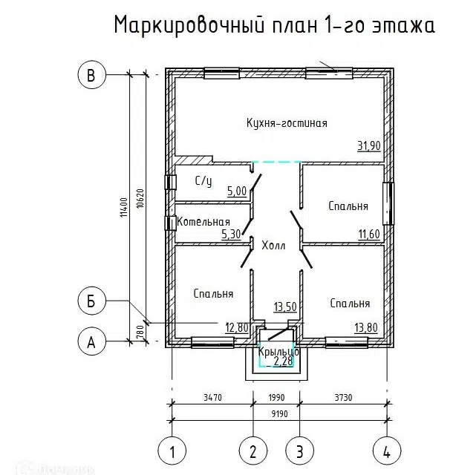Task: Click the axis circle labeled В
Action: click(x=91, y=75)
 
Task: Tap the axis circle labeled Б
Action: click(x=91, y=301)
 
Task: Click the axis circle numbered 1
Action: click(x=172, y=450)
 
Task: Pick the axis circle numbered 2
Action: click(x=253, y=450)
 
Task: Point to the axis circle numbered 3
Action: click(x=299, y=450)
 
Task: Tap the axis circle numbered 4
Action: click(x=386, y=450)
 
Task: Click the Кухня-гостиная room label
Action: click(x=287, y=123)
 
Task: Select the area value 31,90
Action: click(x=368, y=146)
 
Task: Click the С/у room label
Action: click(x=203, y=180)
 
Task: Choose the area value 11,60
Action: click(x=368, y=235)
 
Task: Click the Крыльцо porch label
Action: click(x=278, y=352)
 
